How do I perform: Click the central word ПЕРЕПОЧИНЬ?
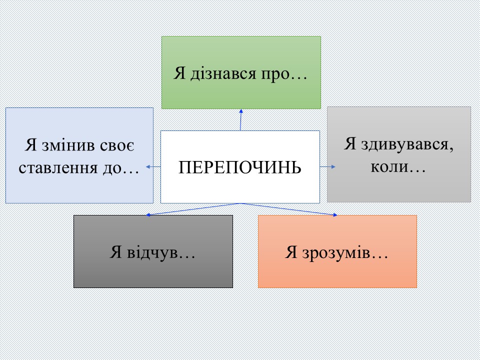point(240,167)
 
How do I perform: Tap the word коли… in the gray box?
point(398,166)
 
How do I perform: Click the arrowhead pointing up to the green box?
point(241,111)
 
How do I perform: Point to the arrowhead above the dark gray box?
point(148,214)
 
